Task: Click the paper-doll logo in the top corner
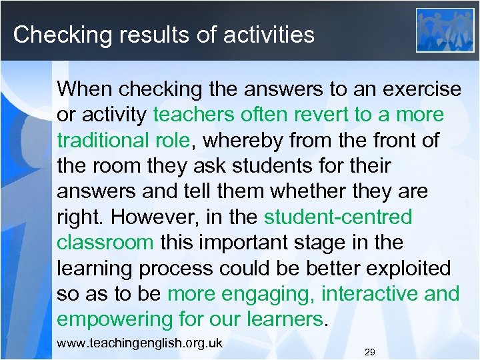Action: pos(445,30)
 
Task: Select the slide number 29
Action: pos(370,351)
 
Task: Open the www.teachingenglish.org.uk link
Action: pos(140,343)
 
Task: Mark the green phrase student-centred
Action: pos(338,217)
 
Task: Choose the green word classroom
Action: pos(105,243)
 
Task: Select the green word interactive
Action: pos(373,294)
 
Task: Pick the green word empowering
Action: pos(115,320)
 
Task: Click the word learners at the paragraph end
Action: pos(281,320)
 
